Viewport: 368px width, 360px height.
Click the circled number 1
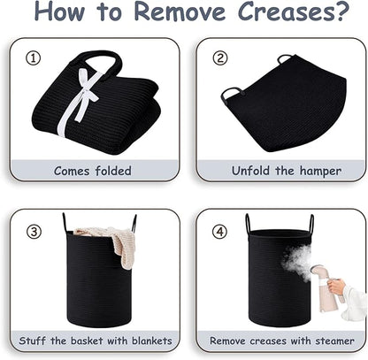[33, 58]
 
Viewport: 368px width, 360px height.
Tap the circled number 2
[220, 58]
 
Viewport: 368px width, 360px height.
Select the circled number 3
[34, 232]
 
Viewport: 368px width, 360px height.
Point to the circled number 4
[220, 232]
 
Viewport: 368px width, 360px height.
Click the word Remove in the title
[179, 11]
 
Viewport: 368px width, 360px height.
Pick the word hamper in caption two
[320, 171]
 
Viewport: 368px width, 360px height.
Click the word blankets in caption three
[151, 341]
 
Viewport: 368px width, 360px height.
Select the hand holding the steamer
[336, 287]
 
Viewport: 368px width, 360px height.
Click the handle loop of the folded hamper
[97, 59]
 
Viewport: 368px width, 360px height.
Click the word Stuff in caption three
[32, 341]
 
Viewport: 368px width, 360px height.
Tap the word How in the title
[59, 11]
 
